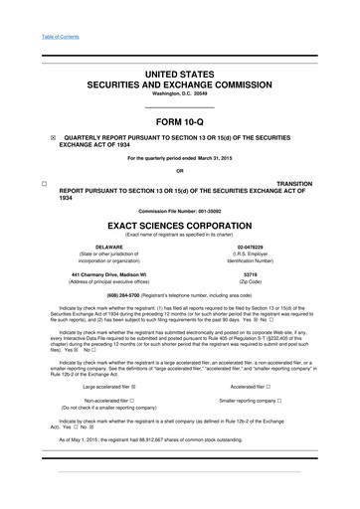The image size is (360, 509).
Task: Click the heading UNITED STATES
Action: pyautogui.click(x=180, y=75)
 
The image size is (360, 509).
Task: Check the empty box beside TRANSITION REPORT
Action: pyautogui.click(x=31, y=185)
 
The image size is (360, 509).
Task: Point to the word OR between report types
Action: pyautogui.click(x=180, y=171)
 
